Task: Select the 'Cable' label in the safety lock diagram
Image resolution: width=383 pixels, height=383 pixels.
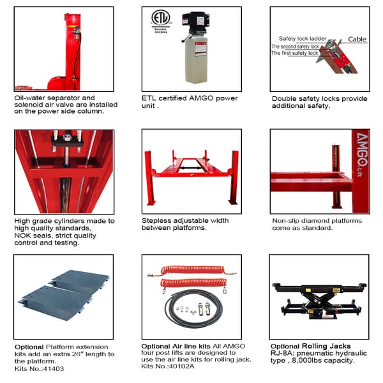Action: pyautogui.click(x=357, y=39)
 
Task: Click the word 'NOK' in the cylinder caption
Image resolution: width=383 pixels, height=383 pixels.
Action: pyautogui.click(x=24, y=236)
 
